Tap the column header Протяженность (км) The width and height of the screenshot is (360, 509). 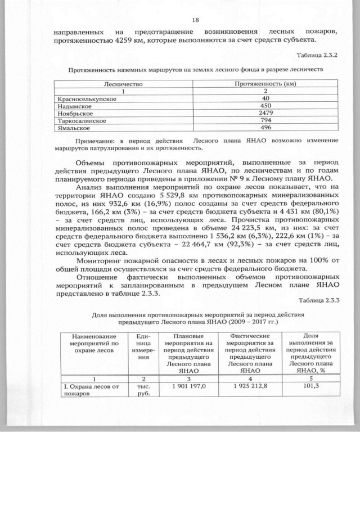click(264, 83)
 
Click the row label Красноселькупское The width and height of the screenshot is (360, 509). click(87, 98)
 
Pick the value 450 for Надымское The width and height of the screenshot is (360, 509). click(264, 106)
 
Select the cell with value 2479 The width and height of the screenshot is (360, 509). click(264, 113)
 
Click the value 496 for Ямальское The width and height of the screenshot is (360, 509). click(264, 128)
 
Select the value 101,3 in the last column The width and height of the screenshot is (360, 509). click(309, 386)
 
